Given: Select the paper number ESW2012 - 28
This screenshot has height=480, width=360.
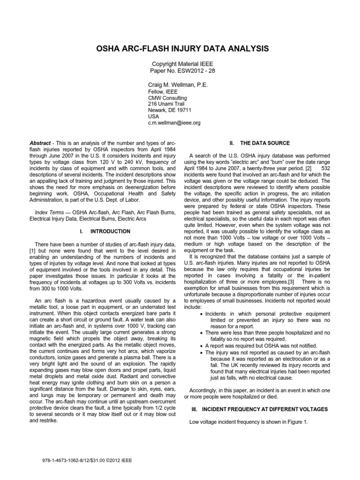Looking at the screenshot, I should pos(196,71).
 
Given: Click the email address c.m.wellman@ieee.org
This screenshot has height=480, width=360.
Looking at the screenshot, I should pos(174,123).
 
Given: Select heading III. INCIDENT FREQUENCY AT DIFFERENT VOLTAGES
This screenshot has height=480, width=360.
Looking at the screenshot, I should pos(260,409).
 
